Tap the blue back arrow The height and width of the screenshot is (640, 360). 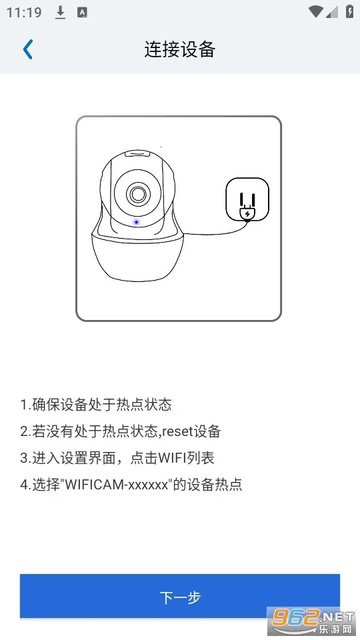pyautogui.click(x=28, y=49)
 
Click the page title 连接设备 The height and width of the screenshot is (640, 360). pyautogui.click(x=179, y=49)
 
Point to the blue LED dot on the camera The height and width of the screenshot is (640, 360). pyautogui.click(x=136, y=223)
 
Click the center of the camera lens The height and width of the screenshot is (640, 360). pyautogui.click(x=138, y=194)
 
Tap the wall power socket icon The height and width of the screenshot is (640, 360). pyautogui.click(x=247, y=199)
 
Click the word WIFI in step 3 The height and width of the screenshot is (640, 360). pyautogui.click(x=172, y=458)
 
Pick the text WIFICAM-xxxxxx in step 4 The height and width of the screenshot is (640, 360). pyautogui.click(x=117, y=485)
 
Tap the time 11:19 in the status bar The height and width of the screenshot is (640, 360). pyautogui.click(x=24, y=12)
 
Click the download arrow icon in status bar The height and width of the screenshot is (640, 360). pyautogui.click(x=61, y=13)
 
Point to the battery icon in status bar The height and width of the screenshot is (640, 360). pyautogui.click(x=350, y=11)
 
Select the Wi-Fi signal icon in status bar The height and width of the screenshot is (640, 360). pyautogui.click(x=315, y=12)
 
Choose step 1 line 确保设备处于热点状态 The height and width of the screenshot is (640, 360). pyautogui.click(x=96, y=405)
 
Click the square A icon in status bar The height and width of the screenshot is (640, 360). pyautogui.click(x=83, y=13)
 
